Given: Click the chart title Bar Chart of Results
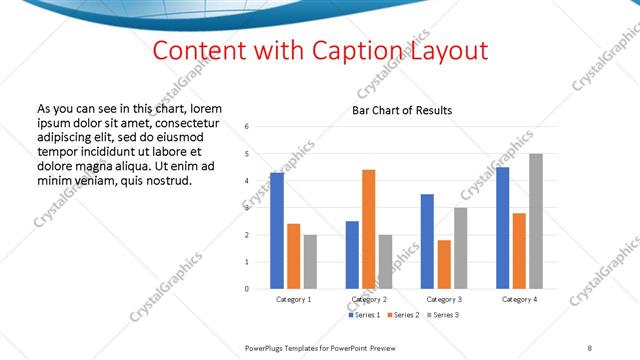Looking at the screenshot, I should point(401,110).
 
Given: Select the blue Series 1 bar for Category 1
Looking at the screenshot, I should point(277,231).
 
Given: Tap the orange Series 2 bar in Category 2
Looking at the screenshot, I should point(368,229).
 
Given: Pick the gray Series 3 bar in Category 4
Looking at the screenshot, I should point(536,221).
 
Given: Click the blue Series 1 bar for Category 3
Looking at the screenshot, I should point(427,241).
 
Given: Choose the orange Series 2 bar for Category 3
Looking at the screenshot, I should point(444,264).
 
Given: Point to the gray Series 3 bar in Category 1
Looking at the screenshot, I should point(310,261).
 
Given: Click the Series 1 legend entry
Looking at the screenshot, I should point(364,315).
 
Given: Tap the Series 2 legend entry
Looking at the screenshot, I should point(402,315).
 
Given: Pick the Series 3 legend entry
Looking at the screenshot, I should point(441,315).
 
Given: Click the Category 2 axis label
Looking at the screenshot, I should point(369,299).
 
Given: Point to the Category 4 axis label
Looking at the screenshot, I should point(519,299).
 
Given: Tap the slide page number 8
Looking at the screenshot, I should point(590,346).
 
